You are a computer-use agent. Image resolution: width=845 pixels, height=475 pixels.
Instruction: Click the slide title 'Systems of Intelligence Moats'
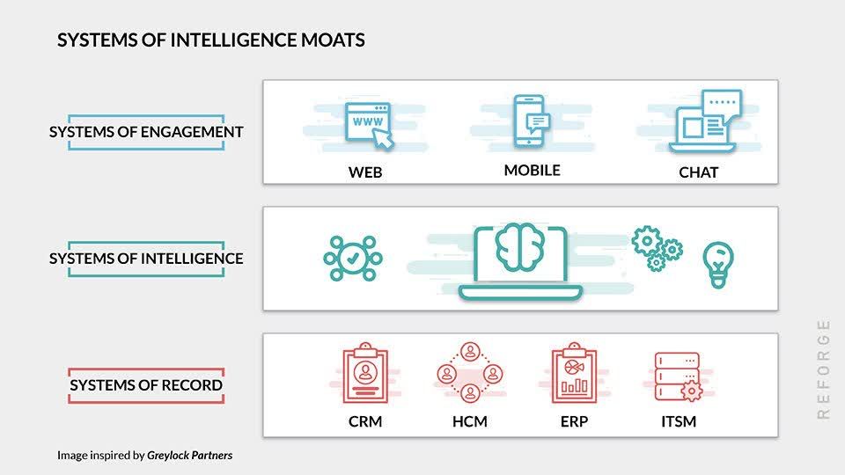tap(211, 40)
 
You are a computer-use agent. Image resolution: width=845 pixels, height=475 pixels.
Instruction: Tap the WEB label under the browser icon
tap(365, 172)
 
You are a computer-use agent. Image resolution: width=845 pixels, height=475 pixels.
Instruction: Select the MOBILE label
tap(532, 171)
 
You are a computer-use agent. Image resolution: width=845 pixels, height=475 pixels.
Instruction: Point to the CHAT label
tap(698, 172)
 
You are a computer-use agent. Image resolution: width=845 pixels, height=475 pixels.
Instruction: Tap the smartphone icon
tap(532, 121)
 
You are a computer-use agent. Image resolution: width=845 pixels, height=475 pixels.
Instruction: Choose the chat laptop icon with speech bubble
tap(704, 123)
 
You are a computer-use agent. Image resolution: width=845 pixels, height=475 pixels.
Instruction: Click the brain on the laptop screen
tap(519, 248)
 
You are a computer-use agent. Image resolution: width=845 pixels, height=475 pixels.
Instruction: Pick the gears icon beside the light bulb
tap(658, 247)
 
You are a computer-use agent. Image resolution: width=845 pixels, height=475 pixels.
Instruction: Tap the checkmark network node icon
tap(352, 259)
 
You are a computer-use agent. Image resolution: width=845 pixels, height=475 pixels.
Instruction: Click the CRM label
tap(365, 421)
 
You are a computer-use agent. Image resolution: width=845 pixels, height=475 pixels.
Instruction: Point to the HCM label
tap(469, 421)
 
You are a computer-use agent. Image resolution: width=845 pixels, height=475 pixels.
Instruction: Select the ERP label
tap(574, 421)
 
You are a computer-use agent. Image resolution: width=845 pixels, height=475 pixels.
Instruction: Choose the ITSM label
tap(678, 421)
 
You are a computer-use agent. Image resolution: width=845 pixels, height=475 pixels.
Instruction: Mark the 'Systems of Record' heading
tap(146, 385)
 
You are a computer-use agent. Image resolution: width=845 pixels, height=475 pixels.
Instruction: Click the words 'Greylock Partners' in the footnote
tap(190, 456)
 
